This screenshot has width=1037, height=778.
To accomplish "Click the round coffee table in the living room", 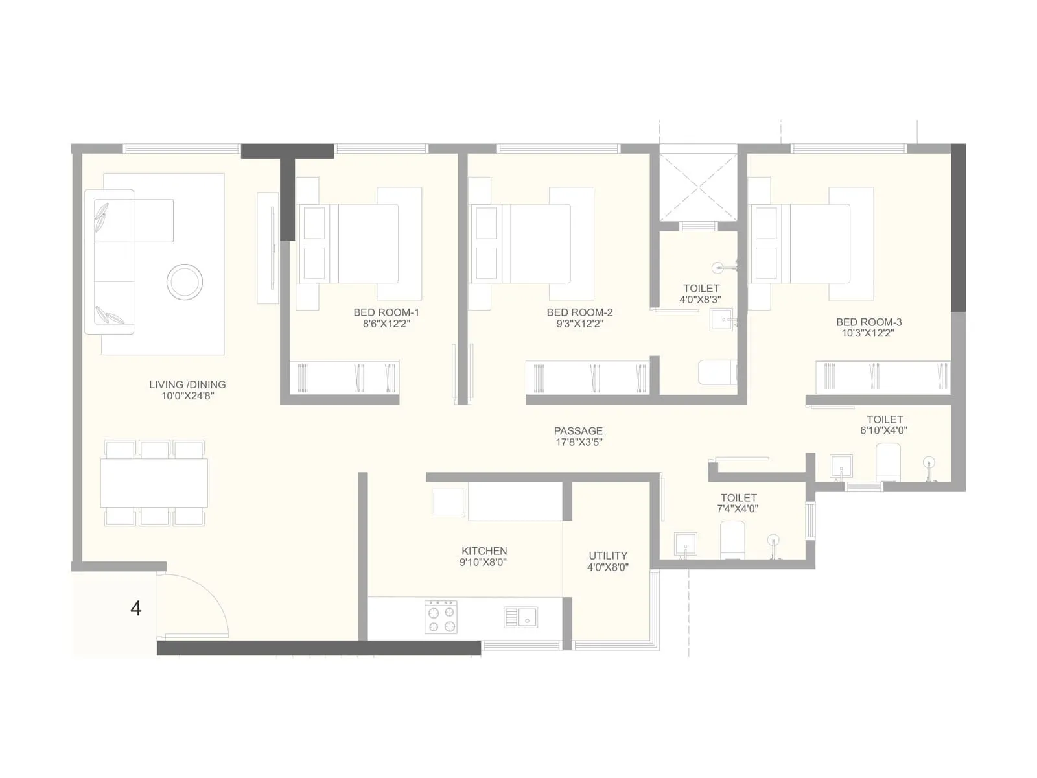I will (x=185, y=282).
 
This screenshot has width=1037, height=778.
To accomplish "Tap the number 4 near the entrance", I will (x=136, y=608).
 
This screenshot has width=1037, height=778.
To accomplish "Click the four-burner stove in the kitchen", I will (x=441, y=617).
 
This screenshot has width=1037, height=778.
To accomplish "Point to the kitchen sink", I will (x=521, y=617).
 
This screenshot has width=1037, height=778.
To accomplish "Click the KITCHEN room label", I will (x=484, y=551).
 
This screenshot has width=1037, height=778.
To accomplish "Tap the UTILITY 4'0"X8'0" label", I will (x=608, y=561).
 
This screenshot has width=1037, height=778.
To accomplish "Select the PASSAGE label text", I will (x=578, y=431).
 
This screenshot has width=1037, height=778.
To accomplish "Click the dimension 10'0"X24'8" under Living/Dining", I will (x=187, y=395).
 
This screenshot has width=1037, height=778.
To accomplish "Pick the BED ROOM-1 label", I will (x=386, y=312).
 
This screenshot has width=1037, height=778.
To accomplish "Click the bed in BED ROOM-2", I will (x=540, y=244).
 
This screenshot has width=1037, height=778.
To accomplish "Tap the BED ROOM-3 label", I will (x=868, y=322).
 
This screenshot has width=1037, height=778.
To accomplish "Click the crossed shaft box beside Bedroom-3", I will (x=698, y=187).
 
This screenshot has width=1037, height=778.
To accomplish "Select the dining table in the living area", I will (x=154, y=483).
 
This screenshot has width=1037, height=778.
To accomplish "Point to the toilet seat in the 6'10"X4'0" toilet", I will (x=888, y=462).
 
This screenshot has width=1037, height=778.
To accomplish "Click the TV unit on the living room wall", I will (x=268, y=247).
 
